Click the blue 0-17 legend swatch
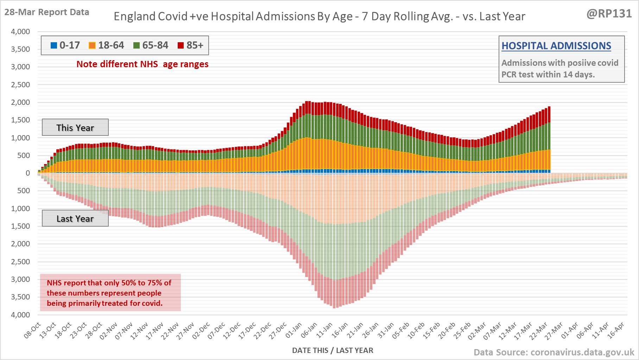point(54,45)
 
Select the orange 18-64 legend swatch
point(92,45)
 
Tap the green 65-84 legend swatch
point(137,45)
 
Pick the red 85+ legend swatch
point(181,45)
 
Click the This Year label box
point(75,127)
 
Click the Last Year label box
point(75,219)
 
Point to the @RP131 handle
point(609,14)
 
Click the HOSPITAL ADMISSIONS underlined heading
point(556,46)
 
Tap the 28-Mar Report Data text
point(47,12)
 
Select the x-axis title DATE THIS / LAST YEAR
point(333,350)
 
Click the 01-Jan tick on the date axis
point(294,330)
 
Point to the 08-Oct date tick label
point(32,330)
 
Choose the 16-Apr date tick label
point(616,330)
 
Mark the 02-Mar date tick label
point(477,330)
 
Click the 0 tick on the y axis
point(28,173)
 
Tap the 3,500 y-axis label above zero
point(20,49)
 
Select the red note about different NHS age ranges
point(143,64)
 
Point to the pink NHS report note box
point(110,292)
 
